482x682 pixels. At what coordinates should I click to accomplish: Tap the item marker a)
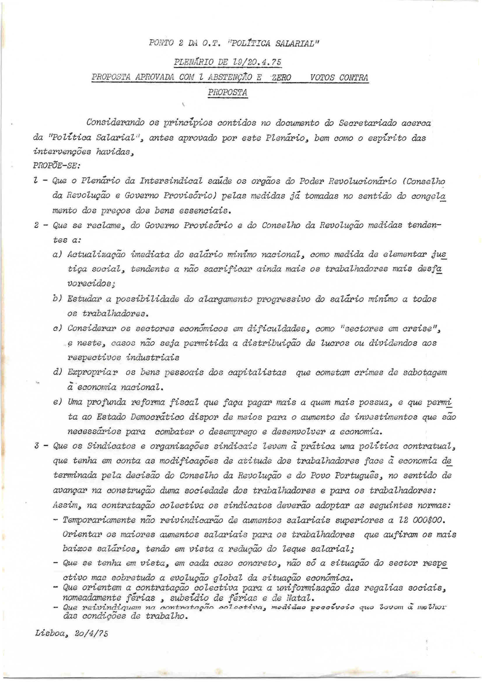(57, 255)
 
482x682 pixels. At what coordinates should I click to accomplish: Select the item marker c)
(57, 328)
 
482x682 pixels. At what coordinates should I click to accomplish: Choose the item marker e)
(57, 402)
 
